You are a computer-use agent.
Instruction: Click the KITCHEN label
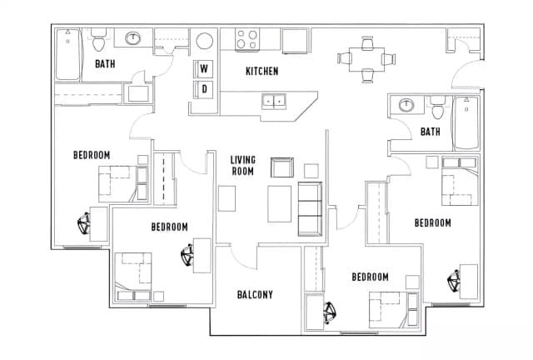coord(262,72)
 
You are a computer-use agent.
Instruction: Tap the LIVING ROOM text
coord(242,165)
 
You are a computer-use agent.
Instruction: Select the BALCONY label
coord(255,294)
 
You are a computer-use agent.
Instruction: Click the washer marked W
coord(204,68)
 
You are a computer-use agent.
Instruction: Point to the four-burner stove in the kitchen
coord(246,39)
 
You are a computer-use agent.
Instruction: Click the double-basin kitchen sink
coord(273,102)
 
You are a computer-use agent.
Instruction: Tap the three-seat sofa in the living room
coord(309,207)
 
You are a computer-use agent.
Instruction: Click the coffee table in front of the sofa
coord(279,202)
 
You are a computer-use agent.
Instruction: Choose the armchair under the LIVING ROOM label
coord(283,167)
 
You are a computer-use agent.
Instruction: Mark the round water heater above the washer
coord(204,42)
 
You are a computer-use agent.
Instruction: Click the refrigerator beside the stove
coord(295,39)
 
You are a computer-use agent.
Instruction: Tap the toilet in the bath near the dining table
coord(437,108)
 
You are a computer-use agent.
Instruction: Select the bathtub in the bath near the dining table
coord(465,122)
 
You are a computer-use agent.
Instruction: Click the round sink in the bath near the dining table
coord(407,106)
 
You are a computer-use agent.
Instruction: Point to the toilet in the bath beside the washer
coord(99,39)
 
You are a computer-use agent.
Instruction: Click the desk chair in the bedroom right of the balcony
coord(328,312)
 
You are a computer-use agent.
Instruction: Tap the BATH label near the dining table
coord(430,132)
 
